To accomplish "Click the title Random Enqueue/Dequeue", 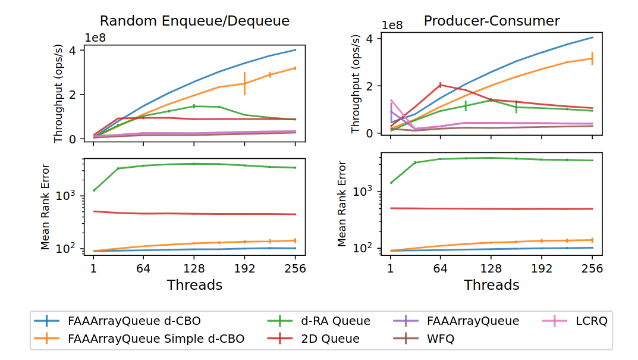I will point(194,21).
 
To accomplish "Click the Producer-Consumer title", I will point(491,21).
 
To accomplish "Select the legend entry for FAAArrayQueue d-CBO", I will point(134,321).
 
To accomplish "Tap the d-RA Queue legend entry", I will point(335,321).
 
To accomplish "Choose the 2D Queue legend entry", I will point(330,339).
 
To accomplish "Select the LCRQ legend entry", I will point(590,321).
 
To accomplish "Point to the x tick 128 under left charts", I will point(194,269).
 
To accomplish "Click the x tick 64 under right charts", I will point(440,268).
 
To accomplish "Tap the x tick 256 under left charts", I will point(295,269).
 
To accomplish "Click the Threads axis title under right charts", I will point(491,285).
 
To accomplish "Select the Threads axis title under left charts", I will point(194,285).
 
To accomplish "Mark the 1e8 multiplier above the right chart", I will point(393,26).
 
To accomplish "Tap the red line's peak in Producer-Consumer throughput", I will point(440,84).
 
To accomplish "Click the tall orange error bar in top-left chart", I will point(244,83).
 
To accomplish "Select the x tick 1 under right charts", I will point(391,268).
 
